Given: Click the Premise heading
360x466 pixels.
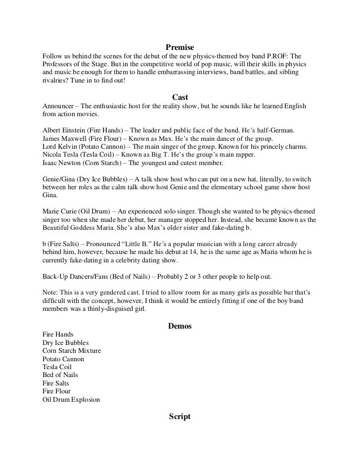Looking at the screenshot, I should coord(180,47).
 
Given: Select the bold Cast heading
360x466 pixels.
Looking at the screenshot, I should coord(180,97).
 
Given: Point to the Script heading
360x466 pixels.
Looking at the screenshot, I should coord(180,417).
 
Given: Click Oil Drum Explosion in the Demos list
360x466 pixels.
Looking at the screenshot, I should coord(71,399).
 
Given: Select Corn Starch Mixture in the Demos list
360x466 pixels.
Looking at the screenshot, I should coord(72,351).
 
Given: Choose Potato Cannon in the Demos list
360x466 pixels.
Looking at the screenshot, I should coord(63,359).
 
